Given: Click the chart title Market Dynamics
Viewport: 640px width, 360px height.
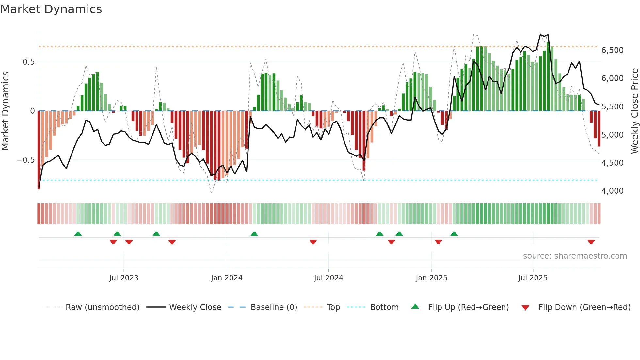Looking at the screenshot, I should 51,9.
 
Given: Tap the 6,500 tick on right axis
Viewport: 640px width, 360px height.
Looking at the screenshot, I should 612,50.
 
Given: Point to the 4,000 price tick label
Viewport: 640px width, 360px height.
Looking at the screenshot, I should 612,191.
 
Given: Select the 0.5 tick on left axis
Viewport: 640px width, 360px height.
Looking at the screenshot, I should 28,62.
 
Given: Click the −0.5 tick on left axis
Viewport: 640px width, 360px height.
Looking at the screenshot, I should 26,160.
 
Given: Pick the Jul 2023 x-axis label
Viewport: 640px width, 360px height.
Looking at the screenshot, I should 124,278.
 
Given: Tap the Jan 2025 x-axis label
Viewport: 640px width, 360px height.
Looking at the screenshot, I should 431,278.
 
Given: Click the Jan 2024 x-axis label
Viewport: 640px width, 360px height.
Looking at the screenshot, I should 227,278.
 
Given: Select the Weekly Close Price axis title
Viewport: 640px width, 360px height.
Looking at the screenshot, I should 634,111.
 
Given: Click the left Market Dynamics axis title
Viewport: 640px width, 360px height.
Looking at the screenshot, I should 5,111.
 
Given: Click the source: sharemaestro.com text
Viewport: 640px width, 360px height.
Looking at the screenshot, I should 575,256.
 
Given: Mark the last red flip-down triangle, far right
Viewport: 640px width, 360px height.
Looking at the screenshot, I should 591,242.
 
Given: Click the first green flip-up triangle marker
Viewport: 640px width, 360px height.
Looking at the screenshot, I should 78,234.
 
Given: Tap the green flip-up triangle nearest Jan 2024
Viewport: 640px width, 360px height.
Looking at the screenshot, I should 254,234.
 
